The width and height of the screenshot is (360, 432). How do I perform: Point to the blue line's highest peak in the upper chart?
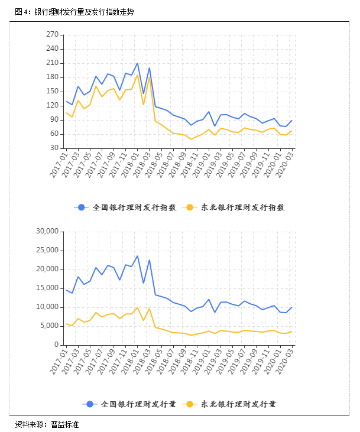[x=137, y=63]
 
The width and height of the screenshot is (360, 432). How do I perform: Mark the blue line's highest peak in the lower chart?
[x=137, y=256]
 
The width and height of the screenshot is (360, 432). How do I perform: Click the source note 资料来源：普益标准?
[x=47, y=424]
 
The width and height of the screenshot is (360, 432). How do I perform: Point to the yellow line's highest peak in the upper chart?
[x=137, y=74]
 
